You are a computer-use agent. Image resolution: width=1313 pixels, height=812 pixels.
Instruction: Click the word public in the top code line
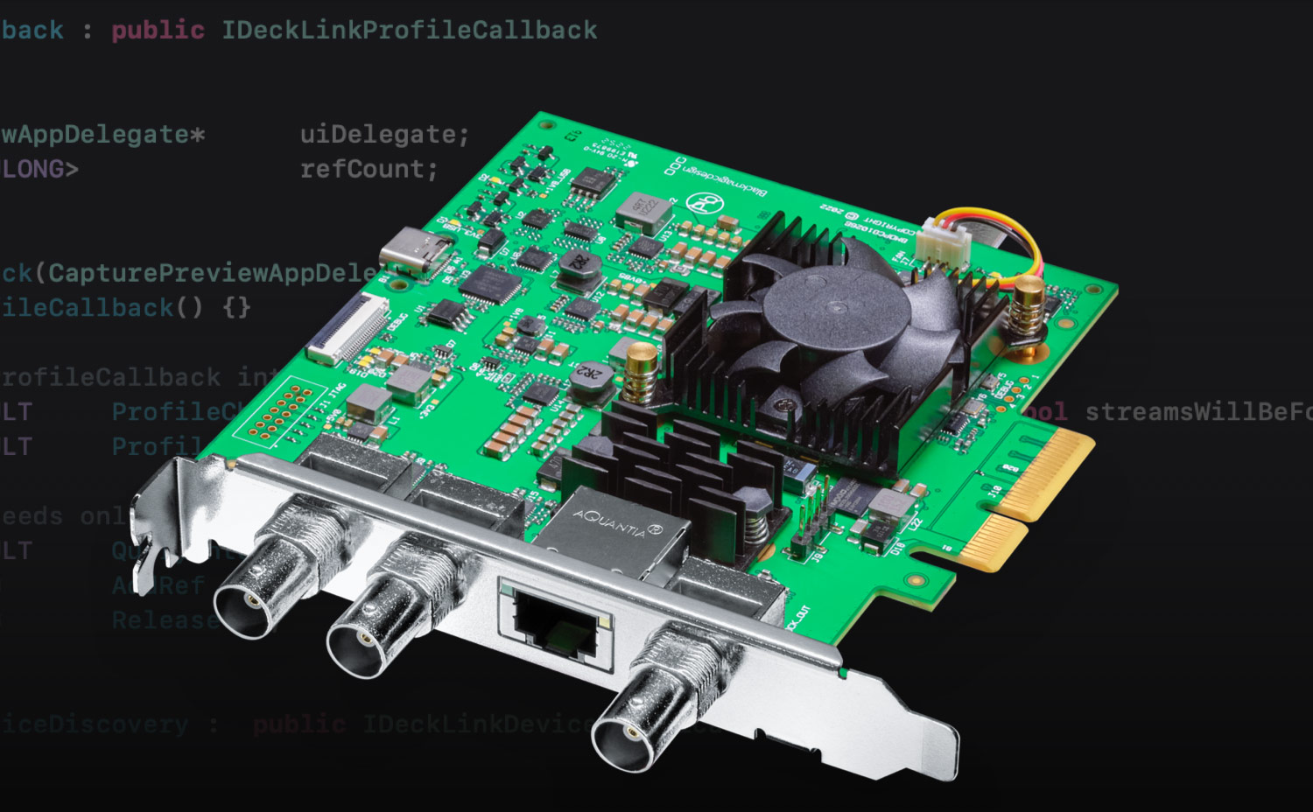158,30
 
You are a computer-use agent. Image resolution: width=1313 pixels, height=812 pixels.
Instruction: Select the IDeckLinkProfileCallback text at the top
409,30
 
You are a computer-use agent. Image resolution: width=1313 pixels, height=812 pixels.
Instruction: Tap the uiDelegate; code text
384,134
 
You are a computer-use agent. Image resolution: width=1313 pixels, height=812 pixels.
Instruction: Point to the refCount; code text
369,169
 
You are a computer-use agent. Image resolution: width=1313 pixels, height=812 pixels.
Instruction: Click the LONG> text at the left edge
40,169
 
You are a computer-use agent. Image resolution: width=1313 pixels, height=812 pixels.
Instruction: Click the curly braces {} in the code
236,307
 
